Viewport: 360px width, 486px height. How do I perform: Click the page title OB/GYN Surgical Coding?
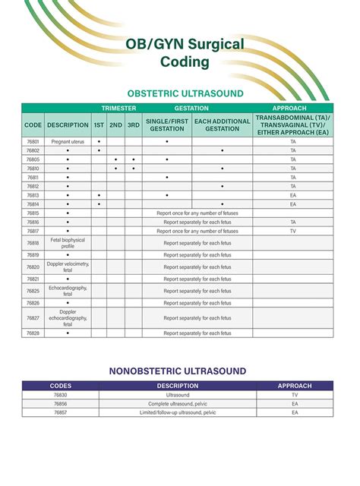185,52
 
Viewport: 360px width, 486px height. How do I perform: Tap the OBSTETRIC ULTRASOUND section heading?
185,93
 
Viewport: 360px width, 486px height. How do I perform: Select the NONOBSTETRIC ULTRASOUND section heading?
178,371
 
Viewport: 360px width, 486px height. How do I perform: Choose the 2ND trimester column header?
115,125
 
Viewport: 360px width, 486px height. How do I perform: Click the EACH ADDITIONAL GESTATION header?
221,125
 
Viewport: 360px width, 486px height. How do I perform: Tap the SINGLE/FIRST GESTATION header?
166,125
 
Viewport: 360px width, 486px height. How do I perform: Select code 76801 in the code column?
33,142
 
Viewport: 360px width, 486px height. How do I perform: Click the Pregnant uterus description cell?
67,142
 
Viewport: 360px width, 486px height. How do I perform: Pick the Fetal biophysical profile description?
67,243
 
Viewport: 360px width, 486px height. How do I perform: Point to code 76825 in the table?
33,291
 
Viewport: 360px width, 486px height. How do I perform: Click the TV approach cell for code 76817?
293,231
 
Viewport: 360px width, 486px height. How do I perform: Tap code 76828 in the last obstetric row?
33,333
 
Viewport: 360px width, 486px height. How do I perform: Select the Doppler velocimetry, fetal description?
67,267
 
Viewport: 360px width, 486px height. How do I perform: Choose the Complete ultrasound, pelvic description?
178,404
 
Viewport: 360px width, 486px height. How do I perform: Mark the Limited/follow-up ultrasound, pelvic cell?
178,412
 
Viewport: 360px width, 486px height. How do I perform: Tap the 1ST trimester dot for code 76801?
99,142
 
